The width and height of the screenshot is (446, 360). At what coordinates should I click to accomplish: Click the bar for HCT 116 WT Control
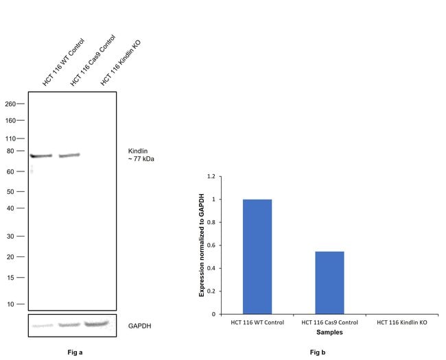tap(257, 256)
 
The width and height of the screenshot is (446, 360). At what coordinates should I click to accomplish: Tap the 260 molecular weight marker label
tap(14, 104)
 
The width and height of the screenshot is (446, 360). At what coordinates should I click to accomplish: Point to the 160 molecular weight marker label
tap(14, 121)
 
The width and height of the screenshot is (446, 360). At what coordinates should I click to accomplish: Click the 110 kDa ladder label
tap(14, 139)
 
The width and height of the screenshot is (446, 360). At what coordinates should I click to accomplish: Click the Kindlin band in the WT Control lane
tap(41, 156)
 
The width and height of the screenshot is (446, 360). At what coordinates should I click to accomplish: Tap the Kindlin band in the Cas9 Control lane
tap(69, 156)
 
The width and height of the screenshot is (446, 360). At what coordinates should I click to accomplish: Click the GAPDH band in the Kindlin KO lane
tap(97, 323)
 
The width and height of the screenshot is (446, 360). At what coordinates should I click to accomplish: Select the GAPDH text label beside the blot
tap(140, 326)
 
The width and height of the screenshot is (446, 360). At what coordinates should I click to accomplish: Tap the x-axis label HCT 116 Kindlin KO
tap(401, 322)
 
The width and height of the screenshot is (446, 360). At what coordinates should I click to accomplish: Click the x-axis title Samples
tap(329, 332)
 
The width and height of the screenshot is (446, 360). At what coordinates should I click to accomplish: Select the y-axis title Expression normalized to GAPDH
tap(202, 245)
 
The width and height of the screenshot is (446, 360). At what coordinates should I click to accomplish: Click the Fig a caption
tap(72, 352)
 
